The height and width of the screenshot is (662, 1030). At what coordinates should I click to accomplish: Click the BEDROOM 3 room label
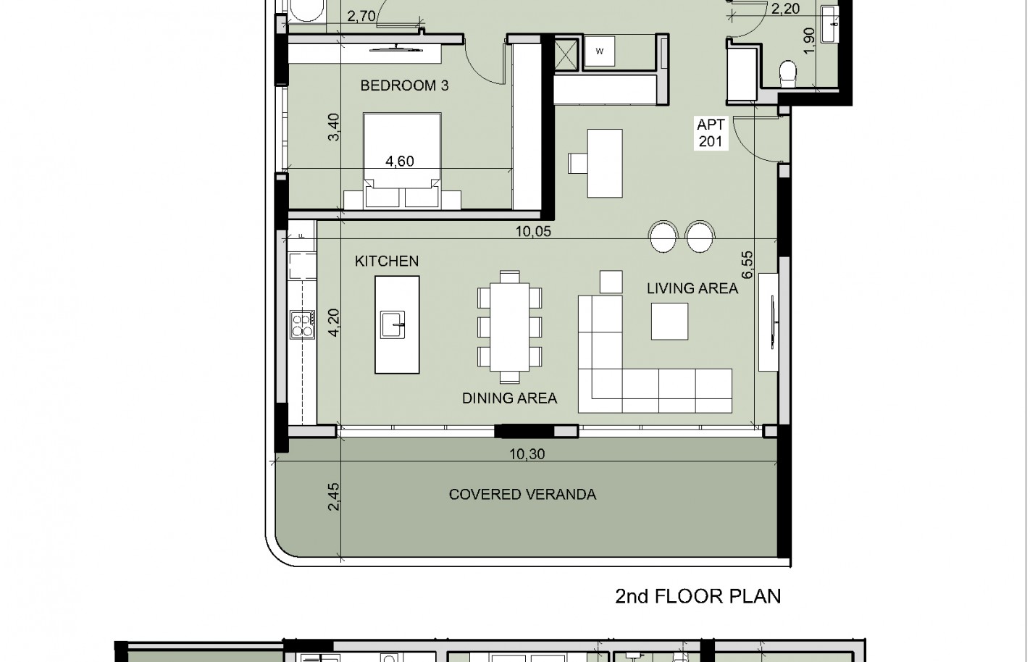click(x=404, y=85)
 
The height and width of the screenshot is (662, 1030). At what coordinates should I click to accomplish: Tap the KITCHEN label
click(x=387, y=261)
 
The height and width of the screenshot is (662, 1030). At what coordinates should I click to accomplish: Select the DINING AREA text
click(x=509, y=398)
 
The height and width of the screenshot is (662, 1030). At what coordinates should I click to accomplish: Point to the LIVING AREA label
click(x=692, y=288)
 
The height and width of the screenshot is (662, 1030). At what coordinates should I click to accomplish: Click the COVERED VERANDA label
click(x=522, y=495)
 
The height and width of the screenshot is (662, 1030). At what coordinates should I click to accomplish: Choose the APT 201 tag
click(x=711, y=133)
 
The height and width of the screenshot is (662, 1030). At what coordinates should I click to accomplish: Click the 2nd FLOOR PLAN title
click(x=698, y=596)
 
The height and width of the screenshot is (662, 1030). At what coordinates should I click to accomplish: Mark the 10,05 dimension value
click(x=533, y=231)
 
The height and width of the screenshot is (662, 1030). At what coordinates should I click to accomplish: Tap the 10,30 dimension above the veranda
click(x=527, y=454)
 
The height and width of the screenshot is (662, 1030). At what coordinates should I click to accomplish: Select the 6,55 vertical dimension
click(x=748, y=264)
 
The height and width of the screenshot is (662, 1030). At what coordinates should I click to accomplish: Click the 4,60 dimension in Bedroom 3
click(x=400, y=162)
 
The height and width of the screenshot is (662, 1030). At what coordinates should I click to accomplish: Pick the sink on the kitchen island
click(x=393, y=324)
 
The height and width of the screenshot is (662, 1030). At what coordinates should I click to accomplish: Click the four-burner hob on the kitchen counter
click(x=303, y=324)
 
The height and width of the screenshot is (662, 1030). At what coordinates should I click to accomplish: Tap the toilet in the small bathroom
click(x=788, y=74)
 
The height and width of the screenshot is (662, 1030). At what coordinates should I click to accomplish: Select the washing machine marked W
click(x=599, y=51)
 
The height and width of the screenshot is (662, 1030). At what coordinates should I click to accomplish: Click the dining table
click(x=509, y=327)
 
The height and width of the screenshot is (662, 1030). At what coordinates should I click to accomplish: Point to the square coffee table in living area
click(x=669, y=322)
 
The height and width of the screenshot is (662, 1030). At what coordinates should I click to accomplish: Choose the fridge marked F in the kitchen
click(x=302, y=235)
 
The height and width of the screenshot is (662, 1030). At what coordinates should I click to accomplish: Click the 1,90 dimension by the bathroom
click(x=810, y=41)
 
